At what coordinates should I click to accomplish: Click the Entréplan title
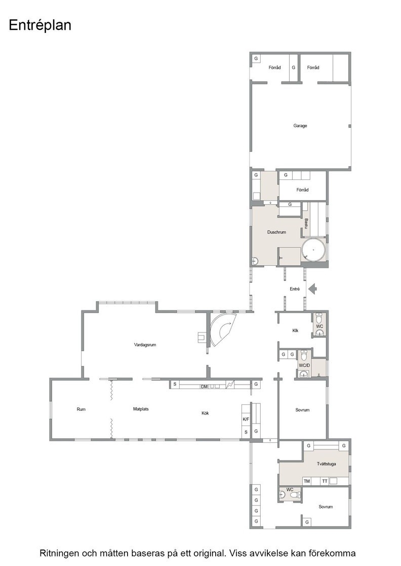coord(40,25)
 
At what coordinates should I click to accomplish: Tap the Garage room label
coord(300,126)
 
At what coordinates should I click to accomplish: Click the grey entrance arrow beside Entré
coord(313,289)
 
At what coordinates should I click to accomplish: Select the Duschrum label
coord(276,232)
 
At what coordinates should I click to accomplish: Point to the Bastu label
coord(306,223)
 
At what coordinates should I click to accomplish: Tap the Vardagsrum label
coord(145,345)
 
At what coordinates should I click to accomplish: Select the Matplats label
coord(141,409)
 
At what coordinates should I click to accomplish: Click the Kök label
coord(205,413)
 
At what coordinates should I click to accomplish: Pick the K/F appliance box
coord(246,419)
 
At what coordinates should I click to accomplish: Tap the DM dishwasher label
coord(204,387)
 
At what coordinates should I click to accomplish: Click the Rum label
coord(81,409)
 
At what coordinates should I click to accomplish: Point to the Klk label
coord(295,331)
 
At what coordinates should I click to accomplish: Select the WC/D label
coord(304,365)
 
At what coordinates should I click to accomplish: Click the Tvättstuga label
coord(326,464)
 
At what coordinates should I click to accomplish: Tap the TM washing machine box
coord(307,481)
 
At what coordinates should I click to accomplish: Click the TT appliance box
coord(325,481)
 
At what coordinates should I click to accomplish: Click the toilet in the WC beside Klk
coord(319,319)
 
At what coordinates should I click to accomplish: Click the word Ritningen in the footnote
coord(59,553)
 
